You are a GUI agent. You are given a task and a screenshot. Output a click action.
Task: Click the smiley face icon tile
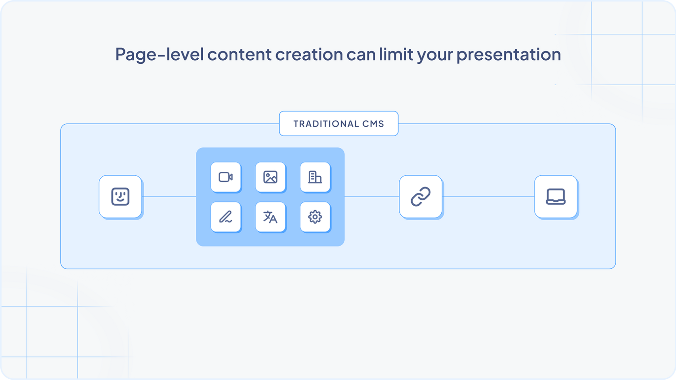[x=120, y=197]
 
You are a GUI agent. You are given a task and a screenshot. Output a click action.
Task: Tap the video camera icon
[x=226, y=177]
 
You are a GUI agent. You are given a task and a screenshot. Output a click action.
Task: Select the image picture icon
[x=270, y=177]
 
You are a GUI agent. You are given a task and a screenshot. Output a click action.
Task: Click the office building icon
[x=315, y=177]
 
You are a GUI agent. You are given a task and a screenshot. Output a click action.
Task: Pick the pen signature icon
[x=226, y=217]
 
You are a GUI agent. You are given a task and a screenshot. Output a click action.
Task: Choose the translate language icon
[x=270, y=217]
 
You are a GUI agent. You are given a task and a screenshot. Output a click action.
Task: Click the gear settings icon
[x=315, y=217]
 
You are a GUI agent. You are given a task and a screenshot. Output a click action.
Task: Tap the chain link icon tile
[x=421, y=197]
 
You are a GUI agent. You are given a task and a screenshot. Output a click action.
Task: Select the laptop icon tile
[x=556, y=197]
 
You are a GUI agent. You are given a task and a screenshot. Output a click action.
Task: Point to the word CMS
[x=373, y=124]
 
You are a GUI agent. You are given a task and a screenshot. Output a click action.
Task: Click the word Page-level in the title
[x=159, y=54]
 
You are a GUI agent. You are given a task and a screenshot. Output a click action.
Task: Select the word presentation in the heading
[x=509, y=54]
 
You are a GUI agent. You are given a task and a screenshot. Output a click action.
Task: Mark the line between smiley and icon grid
[x=169, y=197]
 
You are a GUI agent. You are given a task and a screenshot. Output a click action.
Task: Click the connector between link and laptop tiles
[x=488, y=197]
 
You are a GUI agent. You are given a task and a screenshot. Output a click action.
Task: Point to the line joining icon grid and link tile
[x=372, y=197]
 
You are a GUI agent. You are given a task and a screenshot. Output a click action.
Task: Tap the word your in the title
[x=435, y=54]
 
